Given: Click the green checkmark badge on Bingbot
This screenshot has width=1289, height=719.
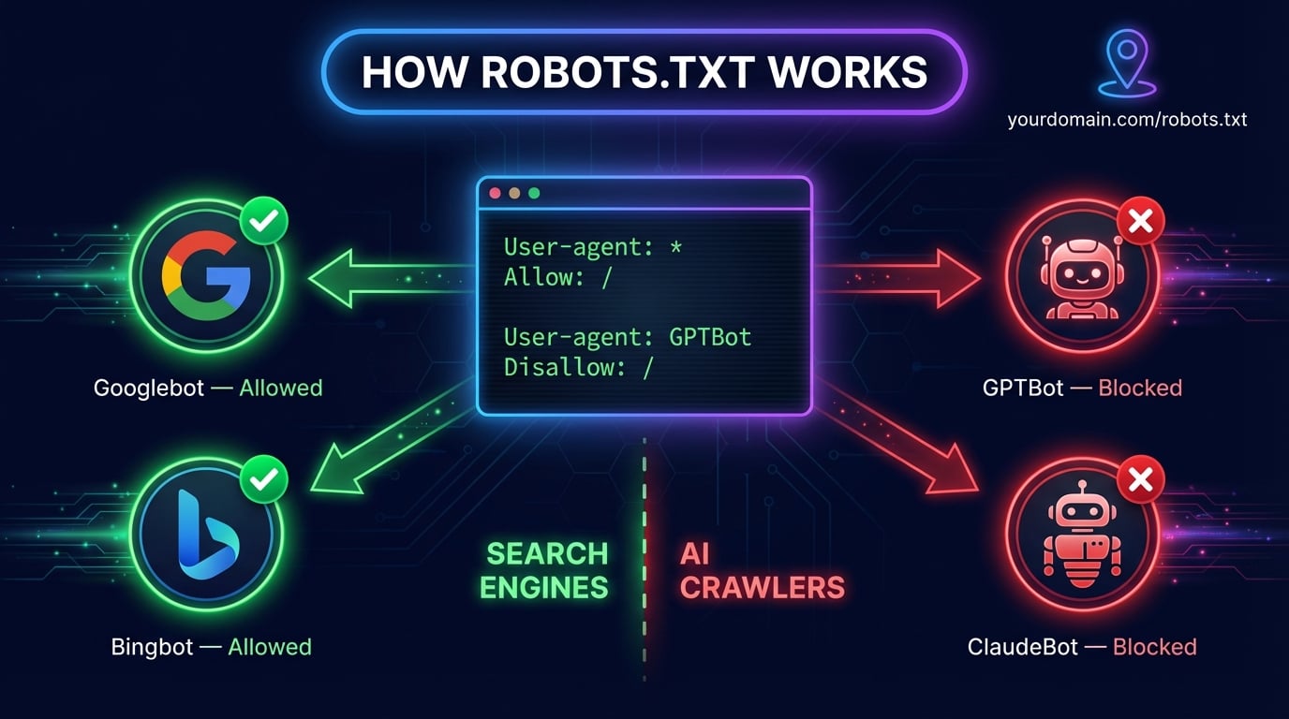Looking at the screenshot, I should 264,481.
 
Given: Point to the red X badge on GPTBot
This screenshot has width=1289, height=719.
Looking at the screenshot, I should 1141,222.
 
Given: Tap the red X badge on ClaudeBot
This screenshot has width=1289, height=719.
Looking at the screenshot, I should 1141,481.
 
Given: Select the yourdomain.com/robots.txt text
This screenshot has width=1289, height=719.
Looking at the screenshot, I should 1127,120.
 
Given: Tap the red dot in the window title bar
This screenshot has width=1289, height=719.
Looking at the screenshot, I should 494,193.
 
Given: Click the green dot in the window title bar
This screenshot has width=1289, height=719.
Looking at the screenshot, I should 534,193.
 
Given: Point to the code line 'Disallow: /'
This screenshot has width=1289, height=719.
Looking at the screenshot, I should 578,368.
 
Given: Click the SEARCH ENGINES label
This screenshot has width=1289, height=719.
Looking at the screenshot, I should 547,570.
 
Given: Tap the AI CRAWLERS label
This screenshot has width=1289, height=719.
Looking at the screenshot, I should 762,570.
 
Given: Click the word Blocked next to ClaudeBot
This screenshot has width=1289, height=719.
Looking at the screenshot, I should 1154,647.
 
